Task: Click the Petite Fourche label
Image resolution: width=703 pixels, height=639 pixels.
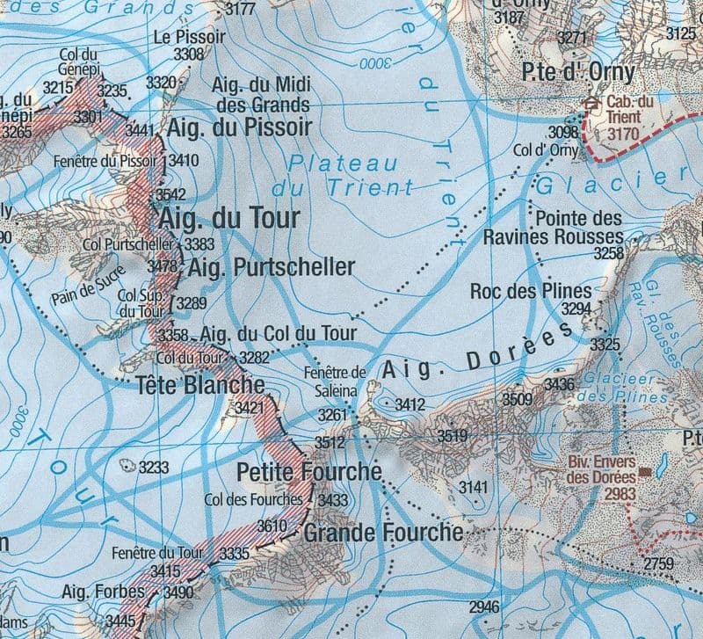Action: tap(309, 473)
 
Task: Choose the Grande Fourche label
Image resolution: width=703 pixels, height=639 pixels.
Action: tap(382, 533)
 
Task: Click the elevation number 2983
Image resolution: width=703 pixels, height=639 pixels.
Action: tap(620, 494)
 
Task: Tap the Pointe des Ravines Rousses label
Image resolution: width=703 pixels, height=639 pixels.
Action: tap(554, 227)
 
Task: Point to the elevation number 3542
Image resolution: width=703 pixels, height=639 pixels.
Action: tap(171, 194)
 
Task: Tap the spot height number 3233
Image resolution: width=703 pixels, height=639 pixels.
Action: tap(153, 468)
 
